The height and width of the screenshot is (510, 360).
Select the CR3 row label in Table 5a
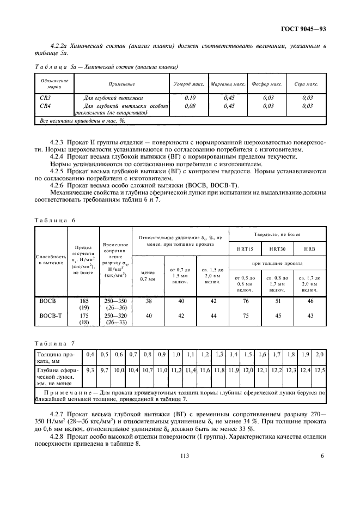coord(45,98)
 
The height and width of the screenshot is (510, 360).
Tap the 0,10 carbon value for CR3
coord(190,98)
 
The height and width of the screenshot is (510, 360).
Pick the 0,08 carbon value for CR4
coord(190,106)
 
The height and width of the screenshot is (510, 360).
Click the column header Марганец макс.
coord(229,84)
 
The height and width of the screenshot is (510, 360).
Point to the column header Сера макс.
coord(307,84)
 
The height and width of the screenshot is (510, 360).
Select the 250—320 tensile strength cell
coord(115,315)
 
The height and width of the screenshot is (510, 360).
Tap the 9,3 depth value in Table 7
coord(90,370)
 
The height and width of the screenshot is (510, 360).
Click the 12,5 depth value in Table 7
coord(319,370)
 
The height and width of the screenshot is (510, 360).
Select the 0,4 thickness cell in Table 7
coord(90,354)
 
